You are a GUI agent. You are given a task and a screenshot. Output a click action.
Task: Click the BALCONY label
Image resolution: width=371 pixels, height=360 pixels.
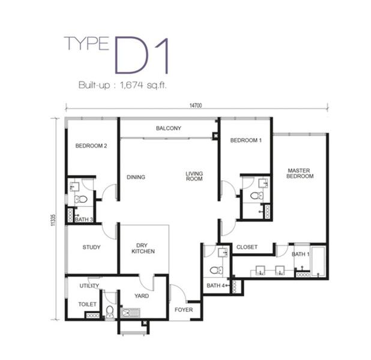click(169, 128)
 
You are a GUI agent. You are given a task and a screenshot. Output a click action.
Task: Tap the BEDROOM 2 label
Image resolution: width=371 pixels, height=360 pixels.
click(91, 146)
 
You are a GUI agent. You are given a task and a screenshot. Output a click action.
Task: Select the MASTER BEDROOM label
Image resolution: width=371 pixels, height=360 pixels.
click(300, 173)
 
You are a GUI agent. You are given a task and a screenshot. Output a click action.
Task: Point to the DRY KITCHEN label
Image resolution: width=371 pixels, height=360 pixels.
click(143, 248)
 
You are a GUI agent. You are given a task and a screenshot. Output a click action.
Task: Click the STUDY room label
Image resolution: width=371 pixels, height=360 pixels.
click(92, 247)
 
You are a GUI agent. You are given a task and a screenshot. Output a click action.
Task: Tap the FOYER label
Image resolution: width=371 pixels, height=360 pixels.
click(184, 310)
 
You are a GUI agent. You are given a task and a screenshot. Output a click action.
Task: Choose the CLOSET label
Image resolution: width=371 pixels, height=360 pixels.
click(247, 247)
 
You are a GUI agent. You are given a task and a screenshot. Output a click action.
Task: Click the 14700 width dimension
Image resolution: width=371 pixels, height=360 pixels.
click(196, 106)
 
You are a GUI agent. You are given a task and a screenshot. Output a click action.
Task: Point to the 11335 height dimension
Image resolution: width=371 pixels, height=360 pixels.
click(53, 220)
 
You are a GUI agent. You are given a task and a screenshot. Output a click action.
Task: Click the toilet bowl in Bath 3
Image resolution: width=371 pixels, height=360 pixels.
click(81, 199)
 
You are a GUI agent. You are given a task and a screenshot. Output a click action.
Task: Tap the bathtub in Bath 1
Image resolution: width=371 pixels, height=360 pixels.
click(318, 262)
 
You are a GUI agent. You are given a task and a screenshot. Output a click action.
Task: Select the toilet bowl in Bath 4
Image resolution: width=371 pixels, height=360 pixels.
click(216, 270)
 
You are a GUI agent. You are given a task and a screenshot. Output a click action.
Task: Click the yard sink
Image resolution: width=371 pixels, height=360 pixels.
click(130, 313)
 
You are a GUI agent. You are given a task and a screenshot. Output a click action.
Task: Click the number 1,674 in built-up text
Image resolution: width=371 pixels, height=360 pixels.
click(132, 85)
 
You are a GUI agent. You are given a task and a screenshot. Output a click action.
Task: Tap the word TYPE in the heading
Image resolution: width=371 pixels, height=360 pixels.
click(86, 43)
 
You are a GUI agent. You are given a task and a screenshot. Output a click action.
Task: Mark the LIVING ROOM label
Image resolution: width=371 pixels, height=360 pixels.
click(195, 176)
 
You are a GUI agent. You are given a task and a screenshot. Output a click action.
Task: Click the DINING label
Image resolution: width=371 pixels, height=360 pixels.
click(136, 177)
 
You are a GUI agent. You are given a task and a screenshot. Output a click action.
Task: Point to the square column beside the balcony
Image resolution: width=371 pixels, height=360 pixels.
click(216, 136)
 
